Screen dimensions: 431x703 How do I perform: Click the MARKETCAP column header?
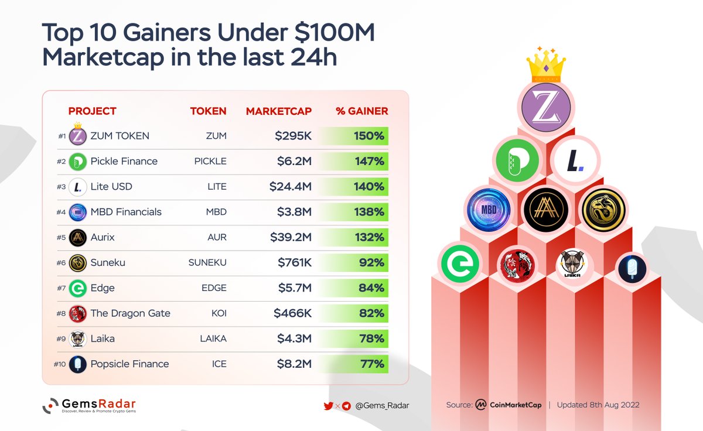tap(278, 111)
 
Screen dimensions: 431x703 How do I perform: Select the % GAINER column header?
tap(361, 111)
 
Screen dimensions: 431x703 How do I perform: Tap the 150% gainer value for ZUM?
tap(368, 136)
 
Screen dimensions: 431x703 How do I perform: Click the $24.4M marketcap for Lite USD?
tap(291, 187)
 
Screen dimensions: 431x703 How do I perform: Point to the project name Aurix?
tap(104, 237)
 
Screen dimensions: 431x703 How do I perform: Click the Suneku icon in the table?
tap(78, 263)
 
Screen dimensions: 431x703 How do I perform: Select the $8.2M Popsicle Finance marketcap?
tap(294, 364)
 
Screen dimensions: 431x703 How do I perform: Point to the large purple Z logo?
tap(546, 107)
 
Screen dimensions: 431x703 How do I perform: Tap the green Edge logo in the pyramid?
tap(460, 264)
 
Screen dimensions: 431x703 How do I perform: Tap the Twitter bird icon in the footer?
tap(329, 405)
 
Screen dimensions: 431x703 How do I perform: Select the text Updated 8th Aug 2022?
tap(598, 405)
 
